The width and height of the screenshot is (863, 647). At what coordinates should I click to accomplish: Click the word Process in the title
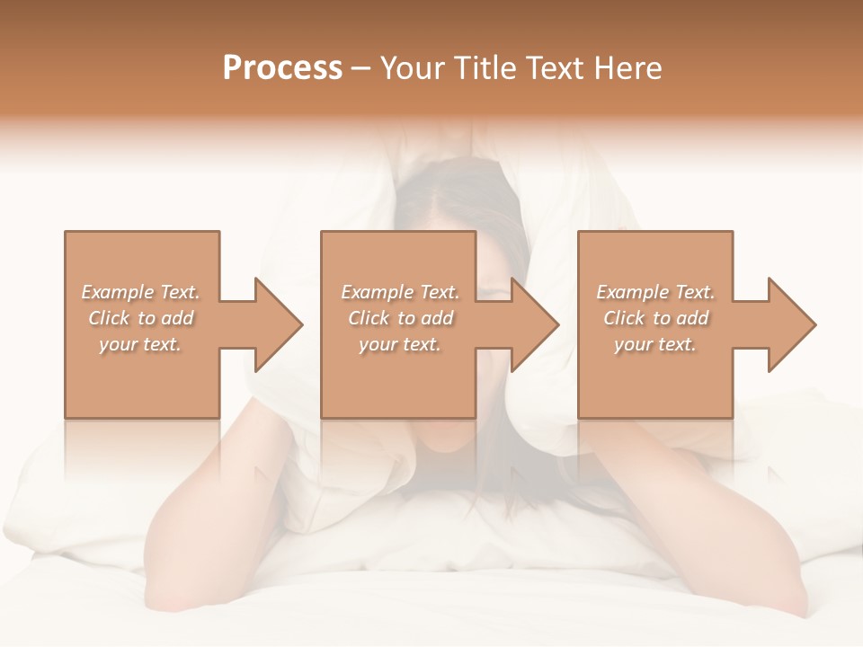pos(282,68)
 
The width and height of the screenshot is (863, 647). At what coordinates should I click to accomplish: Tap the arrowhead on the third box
pos(791,324)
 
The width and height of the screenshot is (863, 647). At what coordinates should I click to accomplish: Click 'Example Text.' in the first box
pos(140,292)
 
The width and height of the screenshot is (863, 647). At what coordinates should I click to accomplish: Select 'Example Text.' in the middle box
pos(400,292)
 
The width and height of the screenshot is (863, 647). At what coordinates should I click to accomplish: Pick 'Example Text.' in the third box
pos(655,292)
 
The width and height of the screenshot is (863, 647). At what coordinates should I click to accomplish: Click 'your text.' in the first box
pos(140,344)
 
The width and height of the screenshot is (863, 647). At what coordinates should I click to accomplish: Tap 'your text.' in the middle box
pos(400,344)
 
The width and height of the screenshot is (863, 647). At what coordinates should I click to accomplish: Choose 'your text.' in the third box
pos(655,344)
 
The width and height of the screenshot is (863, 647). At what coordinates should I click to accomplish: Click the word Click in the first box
pos(109,318)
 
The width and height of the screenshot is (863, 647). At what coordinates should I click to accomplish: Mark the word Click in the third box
pos(624,318)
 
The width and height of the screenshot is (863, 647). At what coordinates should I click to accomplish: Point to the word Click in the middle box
pos(369,318)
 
